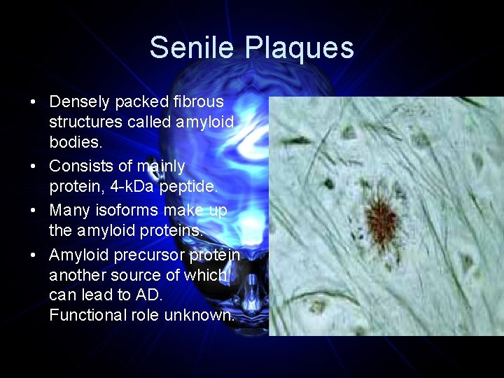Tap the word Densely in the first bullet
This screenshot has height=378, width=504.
80,102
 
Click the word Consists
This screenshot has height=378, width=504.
79,167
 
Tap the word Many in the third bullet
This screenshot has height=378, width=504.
68,211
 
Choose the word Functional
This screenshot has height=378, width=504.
88,315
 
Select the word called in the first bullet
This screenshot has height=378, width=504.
151,122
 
